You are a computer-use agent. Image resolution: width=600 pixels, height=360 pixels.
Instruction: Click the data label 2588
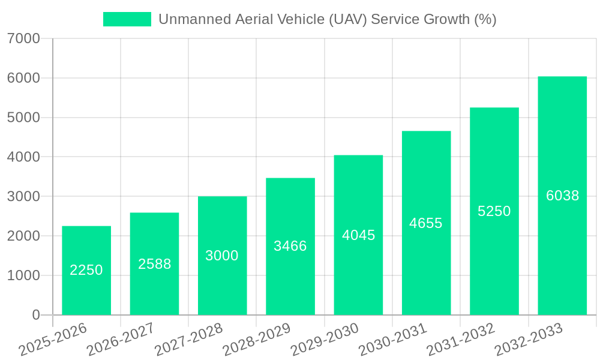155,264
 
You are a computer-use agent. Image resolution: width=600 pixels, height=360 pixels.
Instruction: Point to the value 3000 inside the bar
222,256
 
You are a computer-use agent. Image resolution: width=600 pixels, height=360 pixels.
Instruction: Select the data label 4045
359,235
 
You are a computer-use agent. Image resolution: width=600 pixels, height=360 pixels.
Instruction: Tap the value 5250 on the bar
494,211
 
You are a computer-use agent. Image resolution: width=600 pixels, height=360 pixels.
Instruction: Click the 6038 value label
563,196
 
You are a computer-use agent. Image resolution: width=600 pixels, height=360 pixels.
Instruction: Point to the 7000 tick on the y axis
23,38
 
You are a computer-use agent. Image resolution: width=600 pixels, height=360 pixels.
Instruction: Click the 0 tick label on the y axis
35,315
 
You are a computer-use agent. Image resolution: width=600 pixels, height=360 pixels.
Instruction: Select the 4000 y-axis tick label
23,157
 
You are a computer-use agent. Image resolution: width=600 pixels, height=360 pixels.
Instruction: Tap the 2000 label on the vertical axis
23,236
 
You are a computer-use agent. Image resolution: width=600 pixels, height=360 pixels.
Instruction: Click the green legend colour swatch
127,19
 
